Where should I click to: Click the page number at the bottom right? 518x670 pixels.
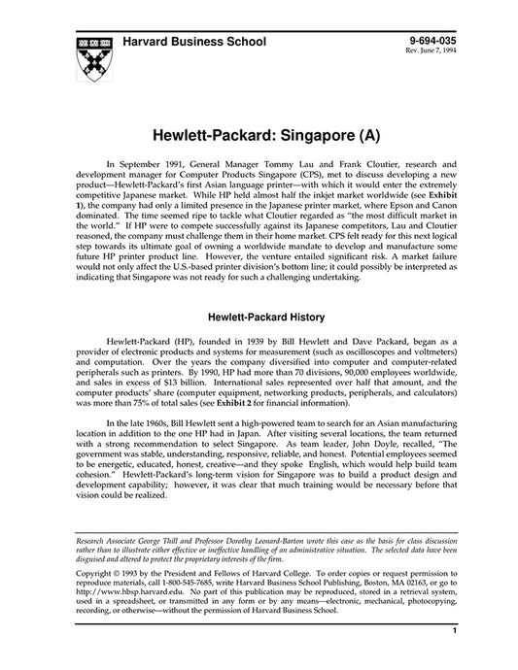pos(455,658)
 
